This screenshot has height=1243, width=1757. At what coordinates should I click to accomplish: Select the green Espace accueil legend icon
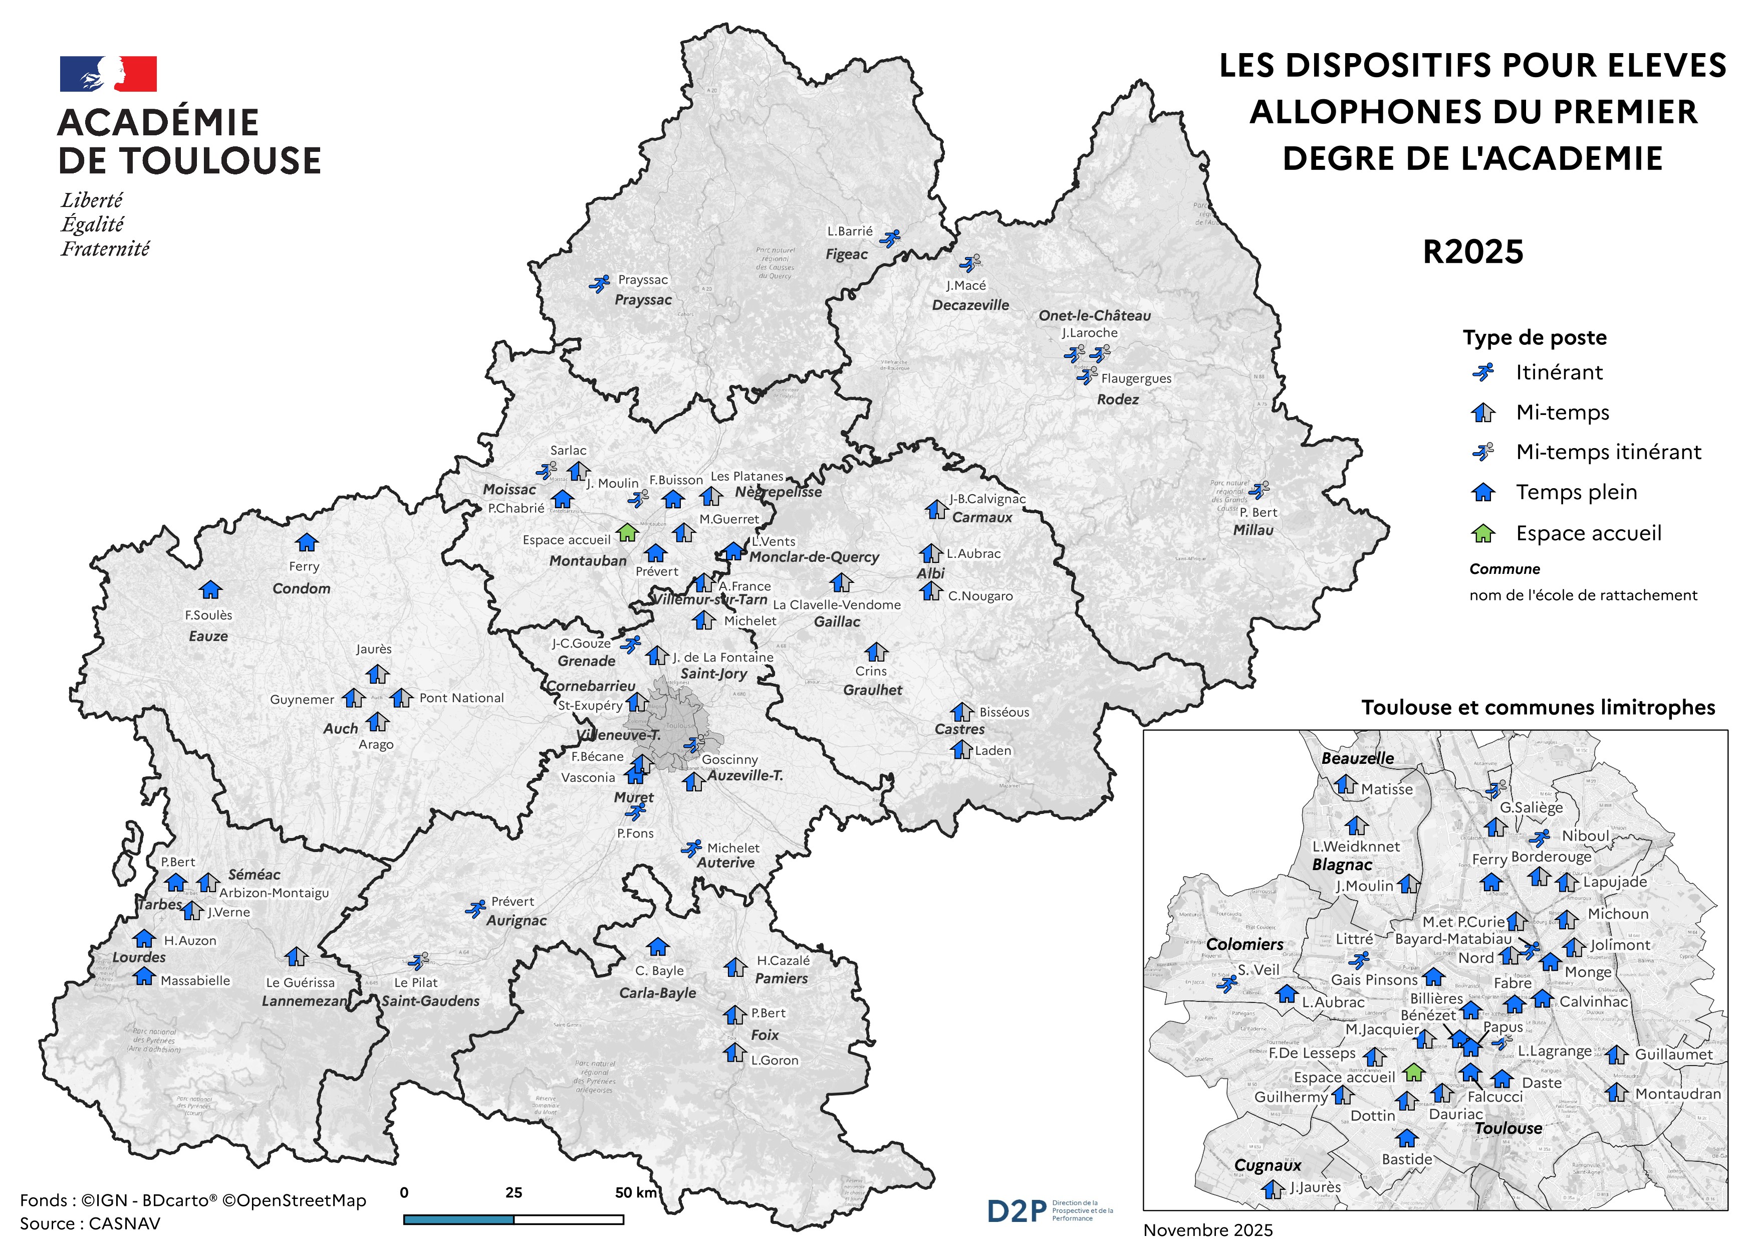coord(1483,533)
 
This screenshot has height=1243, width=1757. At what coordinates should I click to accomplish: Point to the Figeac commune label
coord(846,254)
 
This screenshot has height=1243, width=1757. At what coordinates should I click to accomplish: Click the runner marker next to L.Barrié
coord(889,238)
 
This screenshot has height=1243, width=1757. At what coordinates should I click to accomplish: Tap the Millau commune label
coord(1252,530)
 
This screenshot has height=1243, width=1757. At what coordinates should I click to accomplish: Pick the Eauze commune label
coord(208,636)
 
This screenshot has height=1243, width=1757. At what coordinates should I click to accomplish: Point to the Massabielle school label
coord(195,980)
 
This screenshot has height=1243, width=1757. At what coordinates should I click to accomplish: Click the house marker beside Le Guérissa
coord(296,957)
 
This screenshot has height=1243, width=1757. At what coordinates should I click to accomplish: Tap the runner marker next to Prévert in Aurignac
coord(476,909)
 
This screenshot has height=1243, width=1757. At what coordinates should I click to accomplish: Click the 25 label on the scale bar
coord(514,1192)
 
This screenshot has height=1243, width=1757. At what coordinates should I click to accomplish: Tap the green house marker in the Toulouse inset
coord(1414,1072)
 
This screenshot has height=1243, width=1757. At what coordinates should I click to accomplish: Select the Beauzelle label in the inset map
coord(1358,758)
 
